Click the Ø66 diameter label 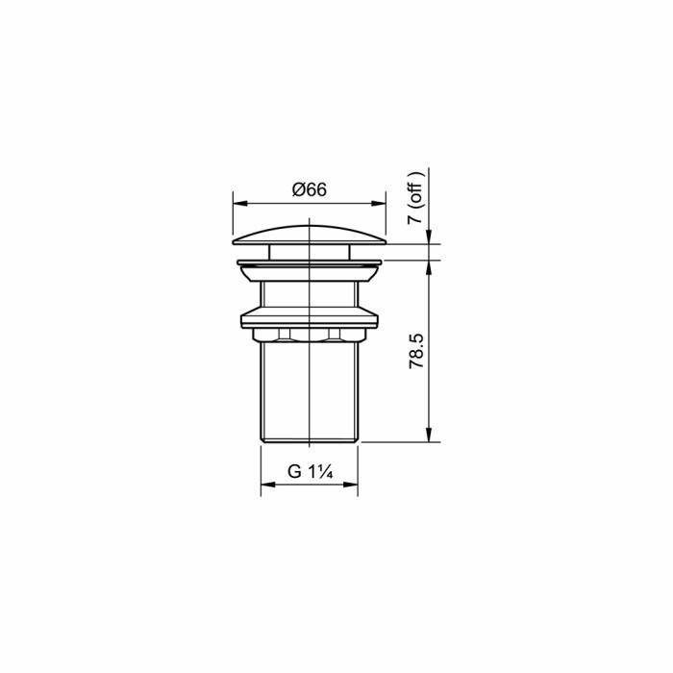pyautogui.click(x=309, y=189)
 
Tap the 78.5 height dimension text pyautogui.click(x=416, y=351)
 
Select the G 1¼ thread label pyautogui.click(x=310, y=472)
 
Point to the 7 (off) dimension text pyautogui.click(x=415, y=197)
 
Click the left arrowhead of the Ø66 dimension pyautogui.click(x=240, y=203)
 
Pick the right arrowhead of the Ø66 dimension pyautogui.click(x=379, y=203)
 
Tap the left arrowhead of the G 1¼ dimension pyautogui.click(x=268, y=485)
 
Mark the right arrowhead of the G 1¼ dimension pyautogui.click(x=351, y=485)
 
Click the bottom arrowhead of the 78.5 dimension pyautogui.click(x=429, y=435)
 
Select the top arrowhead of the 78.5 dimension pyautogui.click(x=429, y=267)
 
